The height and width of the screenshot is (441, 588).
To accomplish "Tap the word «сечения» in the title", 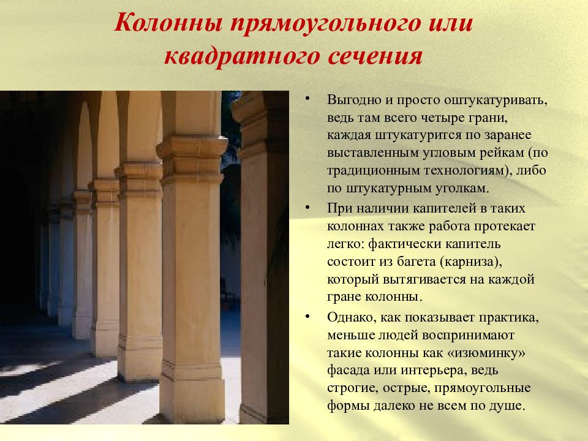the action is point(375,56).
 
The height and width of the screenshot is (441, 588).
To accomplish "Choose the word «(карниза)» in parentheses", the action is point(471,262).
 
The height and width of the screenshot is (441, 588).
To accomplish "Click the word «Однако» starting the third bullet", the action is point(352,318).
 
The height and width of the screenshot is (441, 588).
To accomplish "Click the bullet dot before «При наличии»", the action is point(307,208).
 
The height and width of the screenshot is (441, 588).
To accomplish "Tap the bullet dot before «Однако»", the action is point(307,317).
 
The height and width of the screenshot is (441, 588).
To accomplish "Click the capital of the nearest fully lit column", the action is point(192,159).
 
